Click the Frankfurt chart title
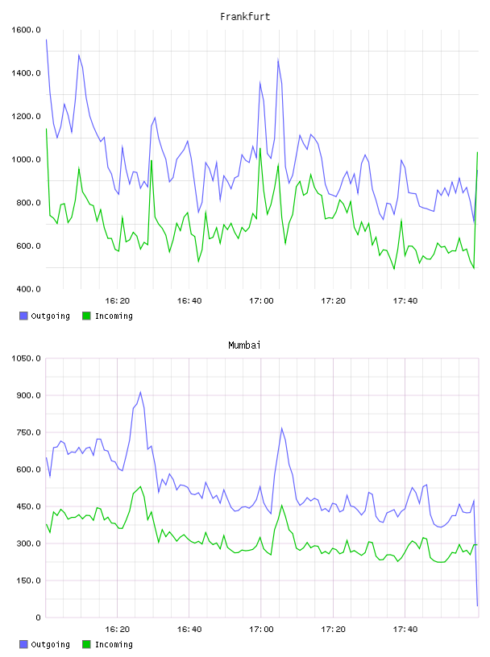[245, 16]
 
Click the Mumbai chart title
[244, 345]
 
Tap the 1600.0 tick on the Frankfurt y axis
[26, 30]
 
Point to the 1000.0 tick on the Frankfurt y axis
[26, 159]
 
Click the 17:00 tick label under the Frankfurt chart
[261, 300]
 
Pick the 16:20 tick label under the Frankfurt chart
[117, 300]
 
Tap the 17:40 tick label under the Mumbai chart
[405, 629]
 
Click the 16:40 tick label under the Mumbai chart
[189, 629]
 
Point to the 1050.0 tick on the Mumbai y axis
[26, 358]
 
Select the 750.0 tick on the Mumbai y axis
[28, 432]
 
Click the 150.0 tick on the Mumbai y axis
[28, 581]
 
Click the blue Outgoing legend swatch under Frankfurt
[23, 316]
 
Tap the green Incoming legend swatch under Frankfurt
[86, 316]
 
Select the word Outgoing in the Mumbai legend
[50, 644]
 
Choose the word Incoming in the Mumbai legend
[114, 644]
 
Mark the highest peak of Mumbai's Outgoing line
[140, 392]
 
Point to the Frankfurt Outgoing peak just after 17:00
[278, 60]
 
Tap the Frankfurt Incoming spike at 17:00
[260, 148]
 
